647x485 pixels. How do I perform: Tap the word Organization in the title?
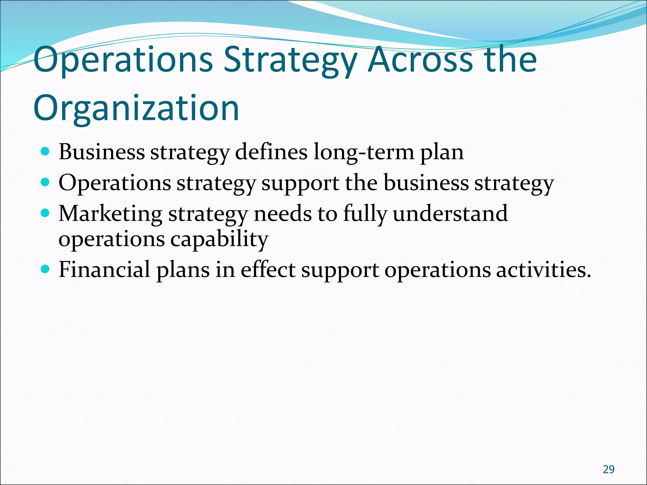pos(136,108)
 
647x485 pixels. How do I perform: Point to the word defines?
pos(271,152)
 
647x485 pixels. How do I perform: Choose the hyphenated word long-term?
pos(364,152)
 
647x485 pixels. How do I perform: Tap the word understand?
pos(450,213)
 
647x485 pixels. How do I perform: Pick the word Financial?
pos(104,270)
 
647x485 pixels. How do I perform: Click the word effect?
pos(268,270)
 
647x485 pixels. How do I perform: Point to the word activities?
pos(543,270)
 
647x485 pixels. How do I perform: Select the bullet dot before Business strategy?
pos(45,152)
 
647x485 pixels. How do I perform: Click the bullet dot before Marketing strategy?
pos(45,213)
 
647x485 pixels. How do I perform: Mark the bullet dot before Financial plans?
pos(45,269)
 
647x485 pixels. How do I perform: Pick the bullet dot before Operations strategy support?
pos(45,183)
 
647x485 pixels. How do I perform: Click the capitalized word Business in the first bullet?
pos(101,152)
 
